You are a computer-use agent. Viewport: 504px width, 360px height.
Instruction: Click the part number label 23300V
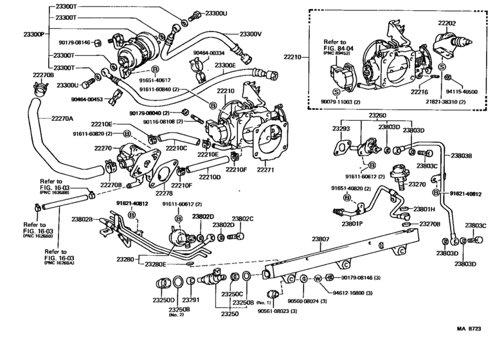(x=251, y=33)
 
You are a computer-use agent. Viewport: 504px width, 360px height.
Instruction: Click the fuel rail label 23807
(x=321, y=239)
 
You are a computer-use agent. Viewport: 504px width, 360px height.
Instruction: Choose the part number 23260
(x=377, y=116)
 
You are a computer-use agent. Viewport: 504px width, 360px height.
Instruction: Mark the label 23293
(x=341, y=129)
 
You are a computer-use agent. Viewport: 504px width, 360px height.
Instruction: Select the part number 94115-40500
(x=460, y=93)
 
